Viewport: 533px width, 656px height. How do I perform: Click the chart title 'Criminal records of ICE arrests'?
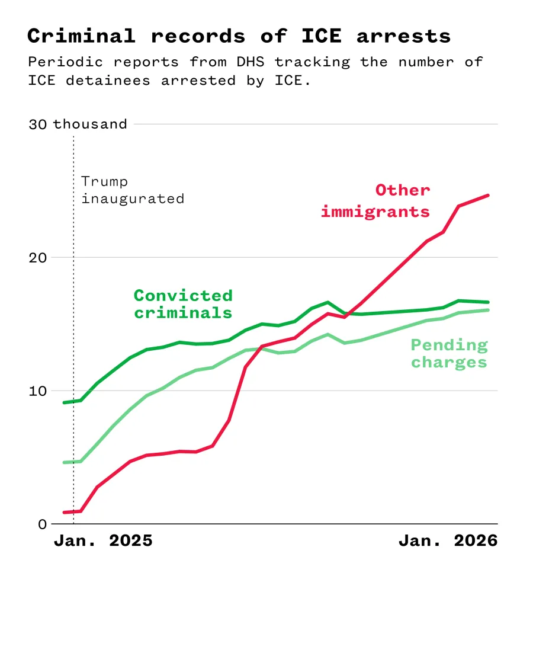click(x=239, y=36)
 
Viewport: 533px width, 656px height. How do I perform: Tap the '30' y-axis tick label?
click(x=37, y=124)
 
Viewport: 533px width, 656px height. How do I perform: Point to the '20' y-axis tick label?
click(x=37, y=257)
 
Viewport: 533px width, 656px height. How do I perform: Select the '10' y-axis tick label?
click(x=37, y=391)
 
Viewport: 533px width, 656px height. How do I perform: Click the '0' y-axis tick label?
click(x=42, y=524)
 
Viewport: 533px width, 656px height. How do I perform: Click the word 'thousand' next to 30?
click(x=90, y=124)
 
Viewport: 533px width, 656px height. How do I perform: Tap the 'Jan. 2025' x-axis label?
click(x=103, y=540)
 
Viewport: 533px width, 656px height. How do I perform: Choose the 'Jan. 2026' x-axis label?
click(x=448, y=540)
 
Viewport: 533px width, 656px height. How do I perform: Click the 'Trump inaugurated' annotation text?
click(x=132, y=190)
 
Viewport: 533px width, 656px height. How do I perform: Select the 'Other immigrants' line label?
click(x=375, y=201)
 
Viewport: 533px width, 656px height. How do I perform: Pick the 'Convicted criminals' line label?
click(x=183, y=303)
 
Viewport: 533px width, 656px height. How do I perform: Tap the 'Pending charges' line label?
click(x=449, y=353)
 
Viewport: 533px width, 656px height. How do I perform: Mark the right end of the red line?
click(x=489, y=195)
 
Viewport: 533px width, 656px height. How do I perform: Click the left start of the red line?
click(x=64, y=512)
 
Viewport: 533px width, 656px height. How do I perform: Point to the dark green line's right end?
click(x=489, y=302)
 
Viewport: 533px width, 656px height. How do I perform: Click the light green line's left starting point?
click(x=64, y=462)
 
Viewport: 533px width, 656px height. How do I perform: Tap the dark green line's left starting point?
click(x=64, y=402)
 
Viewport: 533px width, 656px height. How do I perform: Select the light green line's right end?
click(x=489, y=310)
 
